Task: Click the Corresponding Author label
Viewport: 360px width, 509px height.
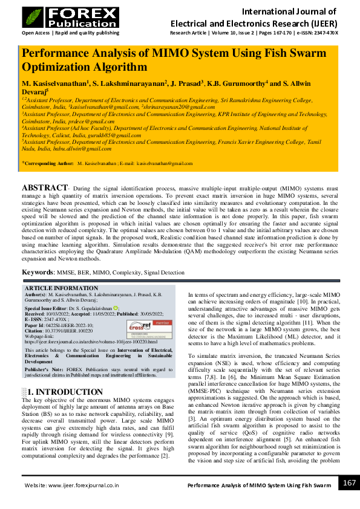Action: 48,163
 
